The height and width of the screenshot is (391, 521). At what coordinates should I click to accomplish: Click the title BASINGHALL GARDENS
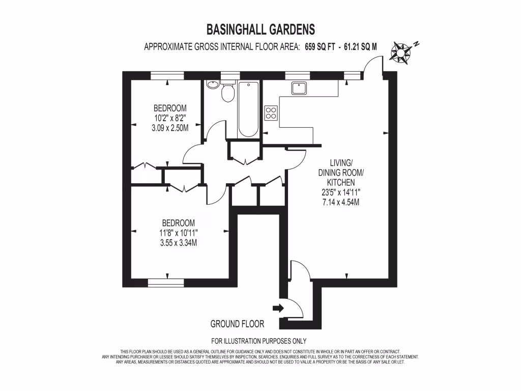pyautogui.click(x=260, y=29)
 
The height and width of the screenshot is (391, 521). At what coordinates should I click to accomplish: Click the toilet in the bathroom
pyautogui.click(x=227, y=92)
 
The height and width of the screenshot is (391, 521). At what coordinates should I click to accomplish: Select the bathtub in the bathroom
pyautogui.click(x=248, y=109)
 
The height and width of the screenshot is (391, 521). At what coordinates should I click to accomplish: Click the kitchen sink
pyautogui.click(x=298, y=88)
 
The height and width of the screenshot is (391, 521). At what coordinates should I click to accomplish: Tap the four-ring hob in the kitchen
pyautogui.click(x=271, y=113)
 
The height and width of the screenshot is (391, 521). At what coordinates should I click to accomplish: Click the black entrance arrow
pyautogui.click(x=278, y=308)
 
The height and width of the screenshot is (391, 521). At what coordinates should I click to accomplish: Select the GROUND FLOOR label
pyautogui.click(x=237, y=324)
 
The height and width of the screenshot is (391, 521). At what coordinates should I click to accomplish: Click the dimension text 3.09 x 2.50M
pyautogui.click(x=170, y=128)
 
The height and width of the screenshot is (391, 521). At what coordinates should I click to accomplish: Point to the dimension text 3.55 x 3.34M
pyautogui.click(x=178, y=242)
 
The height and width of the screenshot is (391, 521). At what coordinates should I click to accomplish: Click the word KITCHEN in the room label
pyautogui.click(x=340, y=182)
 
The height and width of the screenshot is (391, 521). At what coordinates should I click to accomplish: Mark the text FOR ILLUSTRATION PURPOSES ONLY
pyautogui.click(x=258, y=341)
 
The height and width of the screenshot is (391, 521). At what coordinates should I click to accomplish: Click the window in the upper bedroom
pyautogui.click(x=167, y=75)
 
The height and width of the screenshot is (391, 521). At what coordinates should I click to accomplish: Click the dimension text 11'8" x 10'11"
pyautogui.click(x=178, y=233)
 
